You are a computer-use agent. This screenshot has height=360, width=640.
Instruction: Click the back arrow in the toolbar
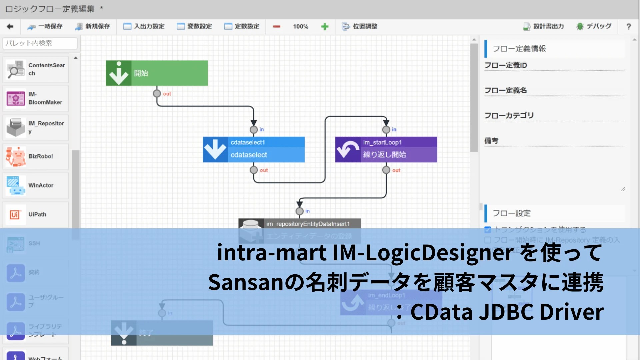(x=10, y=26)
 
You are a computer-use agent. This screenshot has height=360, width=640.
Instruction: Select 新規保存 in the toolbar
(x=93, y=26)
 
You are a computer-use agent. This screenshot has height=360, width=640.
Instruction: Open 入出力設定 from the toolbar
(x=144, y=26)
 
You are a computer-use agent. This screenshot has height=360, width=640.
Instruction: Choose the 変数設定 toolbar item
(x=195, y=26)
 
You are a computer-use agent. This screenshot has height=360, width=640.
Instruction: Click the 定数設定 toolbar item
(x=242, y=26)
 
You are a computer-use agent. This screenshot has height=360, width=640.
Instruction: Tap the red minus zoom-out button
(x=277, y=27)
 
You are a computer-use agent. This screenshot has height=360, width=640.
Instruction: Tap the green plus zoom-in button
(x=325, y=27)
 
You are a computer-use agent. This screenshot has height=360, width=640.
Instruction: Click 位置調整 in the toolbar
(x=360, y=26)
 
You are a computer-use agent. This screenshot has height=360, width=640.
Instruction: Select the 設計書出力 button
(x=544, y=26)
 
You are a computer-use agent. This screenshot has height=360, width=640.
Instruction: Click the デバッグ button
(x=594, y=26)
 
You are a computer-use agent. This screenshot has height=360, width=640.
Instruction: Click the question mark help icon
(x=629, y=27)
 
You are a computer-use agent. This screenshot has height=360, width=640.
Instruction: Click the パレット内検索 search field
(x=40, y=43)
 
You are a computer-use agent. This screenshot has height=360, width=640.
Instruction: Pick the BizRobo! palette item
(x=36, y=156)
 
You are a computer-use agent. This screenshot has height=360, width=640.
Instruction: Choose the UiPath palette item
(x=36, y=214)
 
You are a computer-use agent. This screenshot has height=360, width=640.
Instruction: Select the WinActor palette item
(x=36, y=185)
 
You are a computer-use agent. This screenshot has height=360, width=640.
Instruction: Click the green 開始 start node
(x=157, y=73)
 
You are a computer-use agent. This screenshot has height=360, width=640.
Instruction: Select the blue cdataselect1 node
(x=254, y=149)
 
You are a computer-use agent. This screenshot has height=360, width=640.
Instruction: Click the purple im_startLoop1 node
(x=386, y=149)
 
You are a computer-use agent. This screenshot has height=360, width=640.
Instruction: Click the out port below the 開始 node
(x=157, y=94)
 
